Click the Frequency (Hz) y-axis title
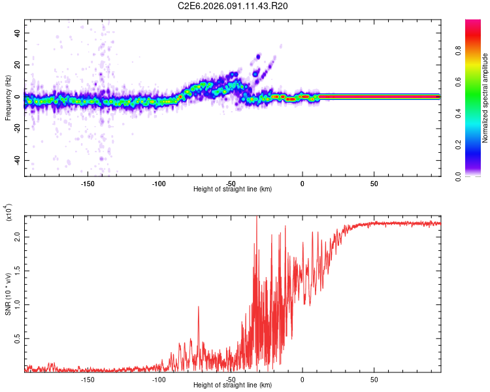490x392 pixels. [8, 97]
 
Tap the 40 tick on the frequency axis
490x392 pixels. [18, 33]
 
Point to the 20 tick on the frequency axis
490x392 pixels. [18, 65]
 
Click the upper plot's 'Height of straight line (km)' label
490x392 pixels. [233, 189]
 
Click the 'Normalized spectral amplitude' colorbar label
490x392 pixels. [485, 98]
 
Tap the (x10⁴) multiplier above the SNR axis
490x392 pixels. [8, 212]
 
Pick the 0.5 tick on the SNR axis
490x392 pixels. [18, 338]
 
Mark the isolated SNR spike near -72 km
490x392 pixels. [199, 308]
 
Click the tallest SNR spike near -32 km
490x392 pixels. [257, 218]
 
